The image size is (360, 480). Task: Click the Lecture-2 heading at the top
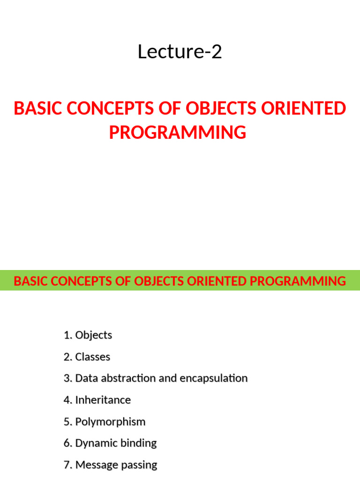pyautogui.click(x=180, y=52)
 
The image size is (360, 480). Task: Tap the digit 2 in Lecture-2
pyautogui.click(x=217, y=52)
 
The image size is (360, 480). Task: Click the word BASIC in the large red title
pyautogui.click(x=38, y=108)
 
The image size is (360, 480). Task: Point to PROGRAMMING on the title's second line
pyautogui.click(x=178, y=132)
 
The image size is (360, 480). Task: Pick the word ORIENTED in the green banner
pyautogui.click(x=217, y=281)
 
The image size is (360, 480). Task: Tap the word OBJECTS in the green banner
pyautogui.click(x=159, y=281)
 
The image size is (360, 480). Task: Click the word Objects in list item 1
pyautogui.click(x=94, y=335)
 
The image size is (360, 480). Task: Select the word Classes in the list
pyautogui.click(x=93, y=357)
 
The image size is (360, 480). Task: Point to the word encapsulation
pyautogui.click(x=214, y=379)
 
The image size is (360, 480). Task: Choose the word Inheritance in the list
pyautogui.click(x=103, y=400)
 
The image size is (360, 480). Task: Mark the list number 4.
pyautogui.click(x=67, y=400)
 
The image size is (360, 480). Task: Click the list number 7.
pyautogui.click(x=67, y=465)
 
